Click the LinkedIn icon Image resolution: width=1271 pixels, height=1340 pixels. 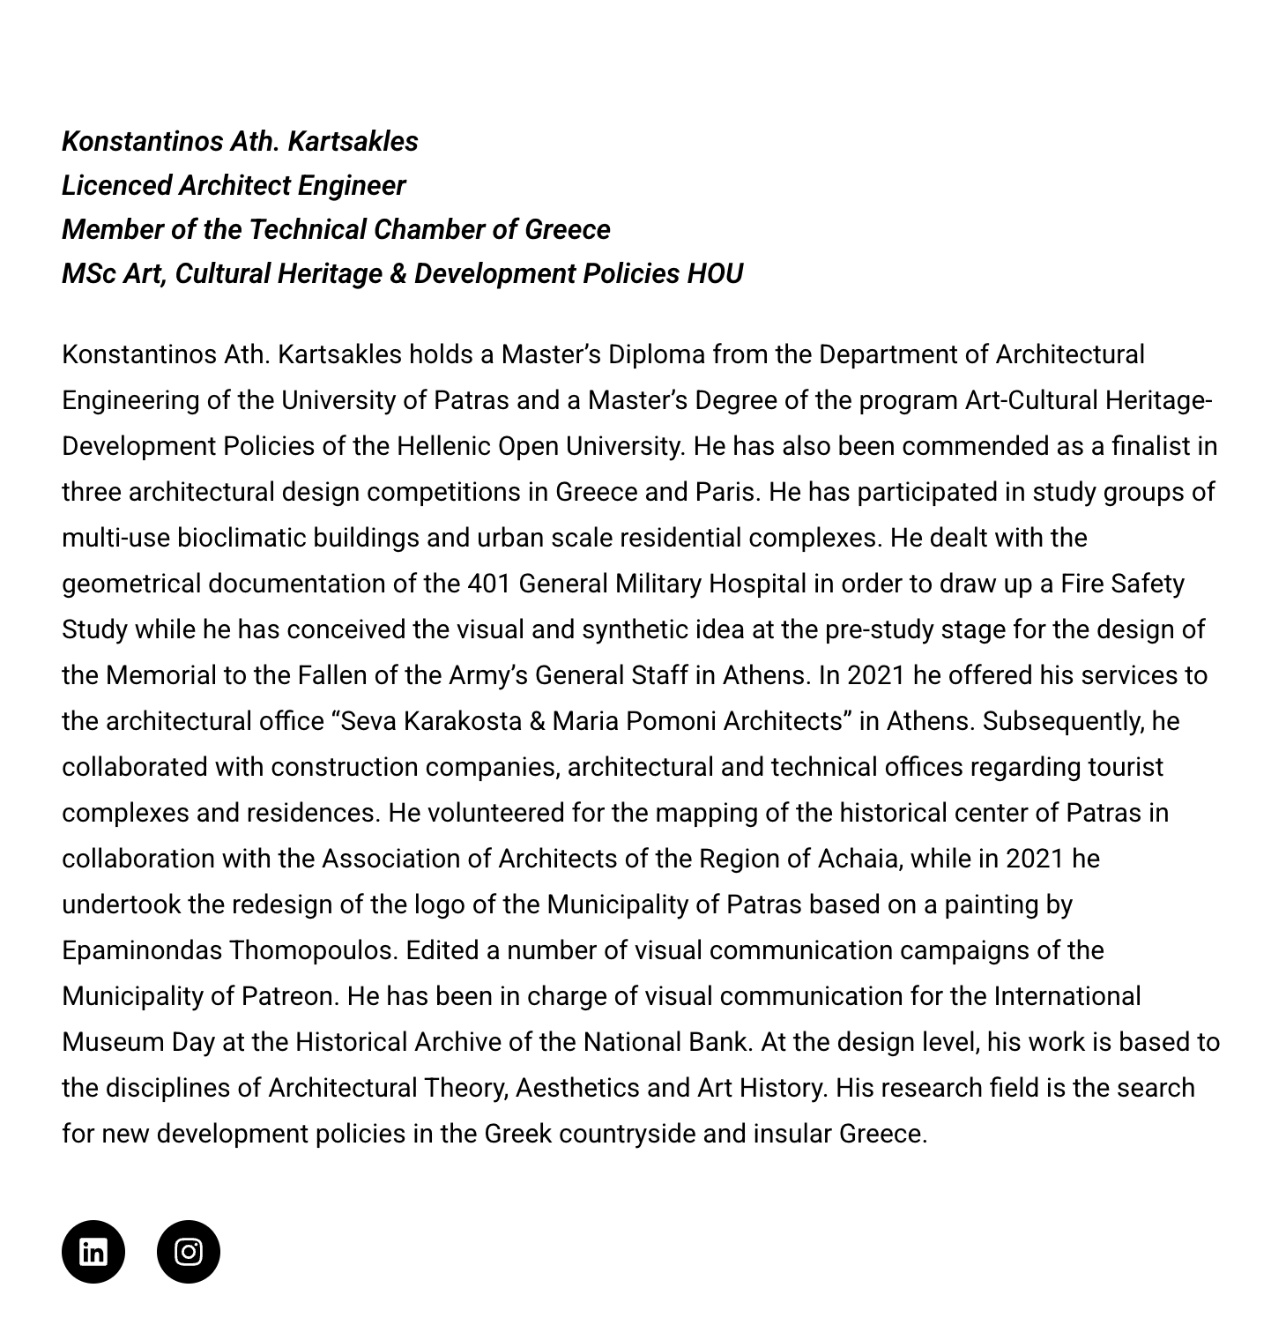(x=93, y=1251)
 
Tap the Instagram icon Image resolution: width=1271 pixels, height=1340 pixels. (x=188, y=1251)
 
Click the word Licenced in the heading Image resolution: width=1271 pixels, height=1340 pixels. (x=116, y=185)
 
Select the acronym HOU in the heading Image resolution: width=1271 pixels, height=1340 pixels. (x=715, y=273)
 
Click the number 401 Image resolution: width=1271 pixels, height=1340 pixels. (x=489, y=584)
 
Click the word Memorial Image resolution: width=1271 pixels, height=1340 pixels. (x=160, y=675)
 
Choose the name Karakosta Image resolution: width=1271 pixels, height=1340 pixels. (x=463, y=721)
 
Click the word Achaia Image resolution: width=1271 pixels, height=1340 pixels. (x=859, y=859)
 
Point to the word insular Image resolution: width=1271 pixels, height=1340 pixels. (x=792, y=1134)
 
